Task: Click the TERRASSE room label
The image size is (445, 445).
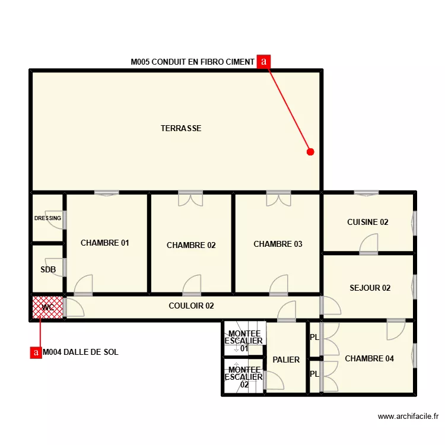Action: click(181, 128)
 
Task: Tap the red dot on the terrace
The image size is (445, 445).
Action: click(310, 151)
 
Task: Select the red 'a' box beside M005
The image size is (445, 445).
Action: click(264, 61)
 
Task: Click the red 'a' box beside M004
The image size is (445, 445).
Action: click(36, 352)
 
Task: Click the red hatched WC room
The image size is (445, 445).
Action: click(47, 307)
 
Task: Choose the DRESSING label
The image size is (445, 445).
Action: click(47, 218)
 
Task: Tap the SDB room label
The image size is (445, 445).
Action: click(48, 269)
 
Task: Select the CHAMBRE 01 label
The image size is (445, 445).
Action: click(105, 243)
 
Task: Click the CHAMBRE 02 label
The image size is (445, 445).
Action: click(191, 245)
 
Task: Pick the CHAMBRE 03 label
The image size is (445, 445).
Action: click(278, 244)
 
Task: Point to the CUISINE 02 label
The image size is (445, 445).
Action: click(368, 223)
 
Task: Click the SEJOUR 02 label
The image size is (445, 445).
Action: click(370, 288)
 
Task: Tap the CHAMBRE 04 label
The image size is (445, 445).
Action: click(369, 358)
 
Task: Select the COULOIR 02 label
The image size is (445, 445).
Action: click(191, 306)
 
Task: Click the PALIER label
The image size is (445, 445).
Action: click(286, 360)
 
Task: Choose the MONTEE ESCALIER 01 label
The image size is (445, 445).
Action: click(244, 341)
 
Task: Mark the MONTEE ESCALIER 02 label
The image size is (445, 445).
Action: click(244, 377)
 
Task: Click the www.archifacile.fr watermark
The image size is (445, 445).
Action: click(408, 417)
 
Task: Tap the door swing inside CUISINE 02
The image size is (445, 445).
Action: click(370, 243)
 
